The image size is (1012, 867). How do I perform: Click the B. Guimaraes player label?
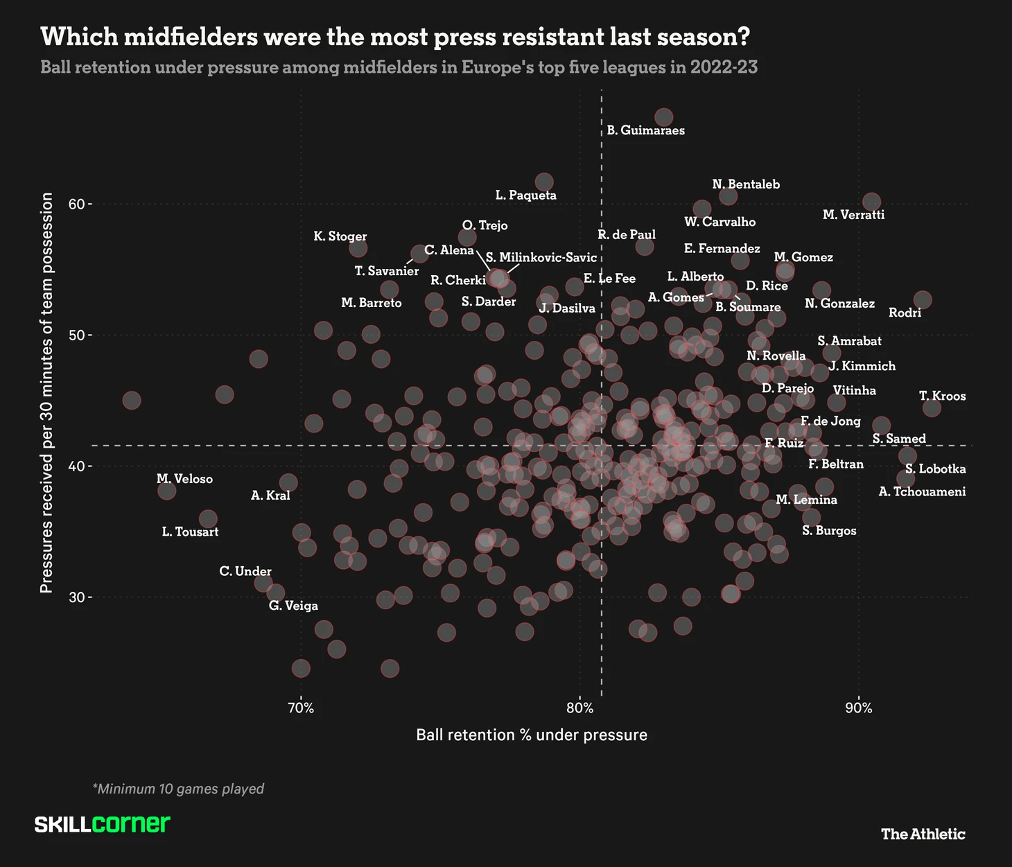645,130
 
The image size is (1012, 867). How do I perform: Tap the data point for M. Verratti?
871,202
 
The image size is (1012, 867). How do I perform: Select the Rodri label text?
905,313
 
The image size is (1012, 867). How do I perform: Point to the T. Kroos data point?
932,408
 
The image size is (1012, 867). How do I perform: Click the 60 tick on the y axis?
76,204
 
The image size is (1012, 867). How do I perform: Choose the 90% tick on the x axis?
859,708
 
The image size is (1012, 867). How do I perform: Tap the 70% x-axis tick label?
300,708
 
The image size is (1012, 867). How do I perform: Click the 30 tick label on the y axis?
76,597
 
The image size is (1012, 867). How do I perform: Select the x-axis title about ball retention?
532,735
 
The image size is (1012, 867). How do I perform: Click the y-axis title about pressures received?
46,393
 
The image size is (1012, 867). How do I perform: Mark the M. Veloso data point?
166,491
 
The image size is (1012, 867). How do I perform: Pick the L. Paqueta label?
525,195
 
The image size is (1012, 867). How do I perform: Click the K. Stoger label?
340,236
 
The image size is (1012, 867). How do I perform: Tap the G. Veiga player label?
293,606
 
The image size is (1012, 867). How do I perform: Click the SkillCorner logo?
102,824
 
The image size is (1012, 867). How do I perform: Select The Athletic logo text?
923,834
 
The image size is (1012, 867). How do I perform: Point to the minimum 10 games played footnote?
178,789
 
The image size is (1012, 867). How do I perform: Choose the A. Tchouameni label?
922,492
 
